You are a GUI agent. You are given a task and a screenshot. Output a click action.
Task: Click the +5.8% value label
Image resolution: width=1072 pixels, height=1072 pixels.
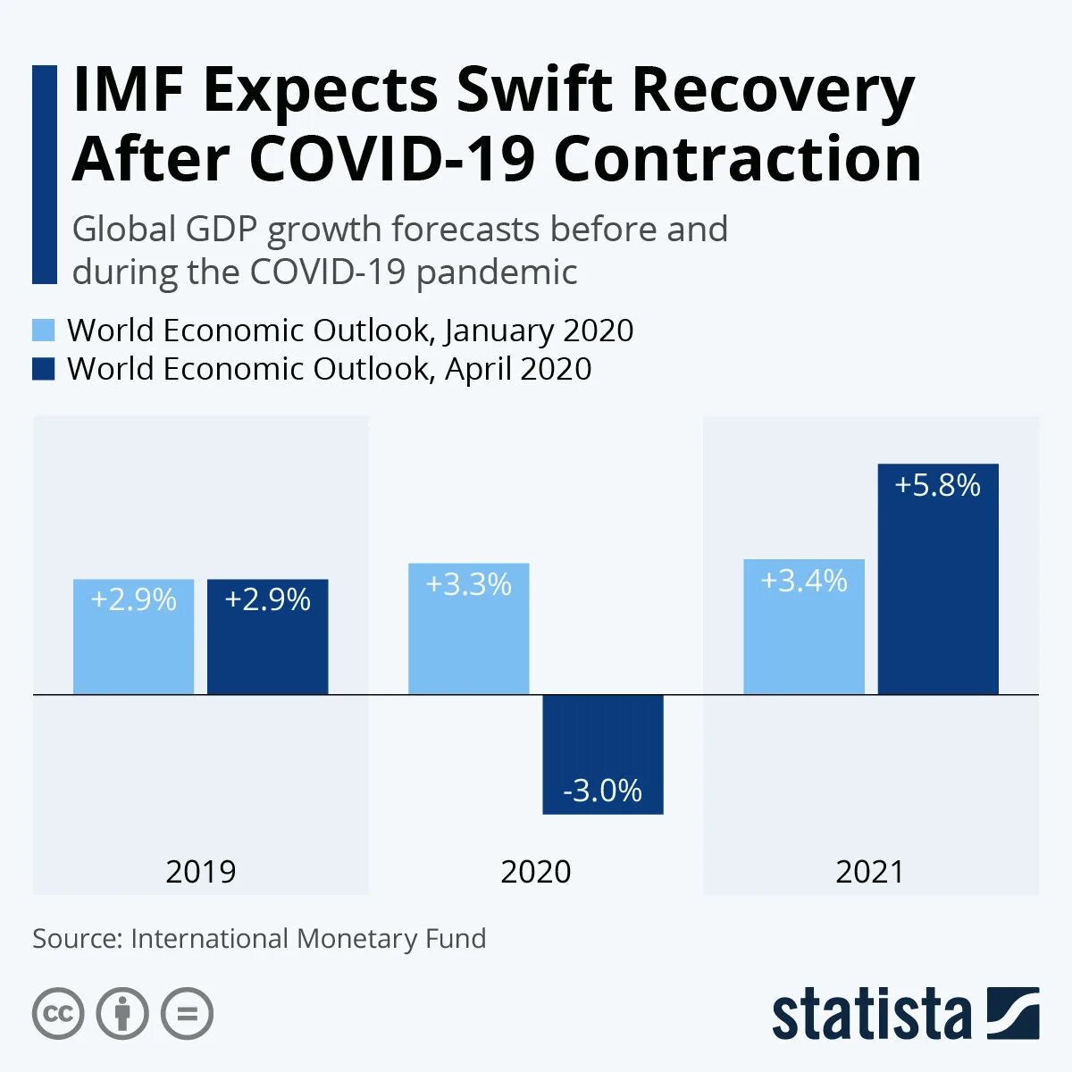pyautogui.click(x=938, y=485)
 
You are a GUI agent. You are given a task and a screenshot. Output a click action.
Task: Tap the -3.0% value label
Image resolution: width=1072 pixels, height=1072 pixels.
pyautogui.click(x=603, y=791)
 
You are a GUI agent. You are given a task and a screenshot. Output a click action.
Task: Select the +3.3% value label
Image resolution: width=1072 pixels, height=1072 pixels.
pyautogui.click(x=469, y=584)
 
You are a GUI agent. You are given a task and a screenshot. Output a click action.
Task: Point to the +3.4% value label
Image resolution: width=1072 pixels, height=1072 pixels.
pyautogui.click(x=804, y=581)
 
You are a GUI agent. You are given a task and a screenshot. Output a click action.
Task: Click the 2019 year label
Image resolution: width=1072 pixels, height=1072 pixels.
pyautogui.click(x=201, y=872)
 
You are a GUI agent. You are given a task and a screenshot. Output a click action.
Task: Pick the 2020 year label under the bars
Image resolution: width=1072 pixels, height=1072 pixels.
pyautogui.click(x=536, y=872)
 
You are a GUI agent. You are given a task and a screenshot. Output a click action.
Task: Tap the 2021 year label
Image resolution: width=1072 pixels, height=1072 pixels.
pyautogui.click(x=870, y=872)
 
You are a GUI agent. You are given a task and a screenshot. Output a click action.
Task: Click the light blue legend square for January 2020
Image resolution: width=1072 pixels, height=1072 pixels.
pyautogui.click(x=44, y=330)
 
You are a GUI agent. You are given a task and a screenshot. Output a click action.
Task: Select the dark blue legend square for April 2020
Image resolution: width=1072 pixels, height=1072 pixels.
pyautogui.click(x=44, y=369)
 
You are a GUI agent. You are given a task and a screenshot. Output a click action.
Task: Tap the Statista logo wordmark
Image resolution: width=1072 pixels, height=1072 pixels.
pyautogui.click(x=871, y=1015)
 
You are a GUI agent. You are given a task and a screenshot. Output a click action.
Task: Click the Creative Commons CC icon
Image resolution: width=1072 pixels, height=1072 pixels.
pyautogui.click(x=58, y=1014)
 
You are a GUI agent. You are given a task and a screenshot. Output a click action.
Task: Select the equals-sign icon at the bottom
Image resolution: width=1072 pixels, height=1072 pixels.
pyautogui.click(x=187, y=1014)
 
